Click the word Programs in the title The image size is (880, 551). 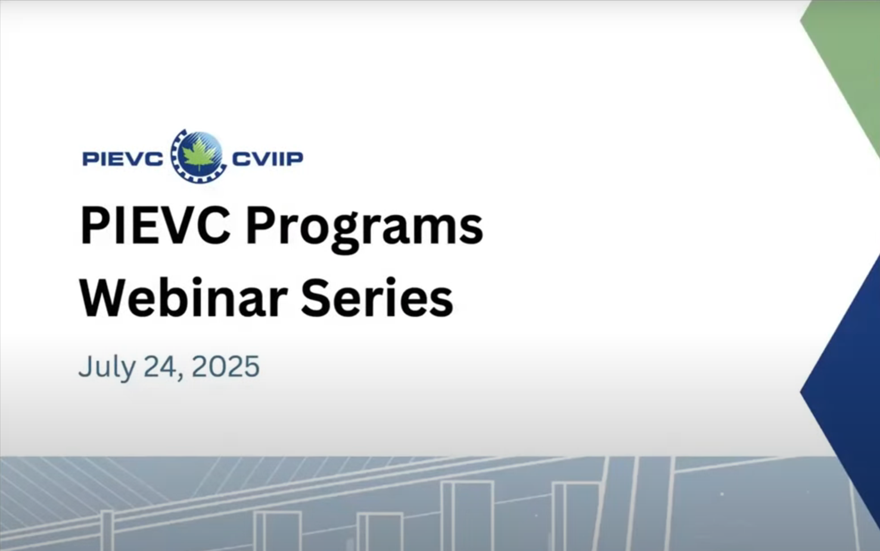[x=365, y=230]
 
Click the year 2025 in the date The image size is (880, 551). [x=225, y=367]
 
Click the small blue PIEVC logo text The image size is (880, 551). [x=123, y=159]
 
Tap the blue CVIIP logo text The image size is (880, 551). [x=268, y=159]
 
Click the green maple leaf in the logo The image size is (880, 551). [x=199, y=156]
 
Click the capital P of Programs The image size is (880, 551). [x=260, y=225]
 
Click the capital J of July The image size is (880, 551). [x=86, y=367]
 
